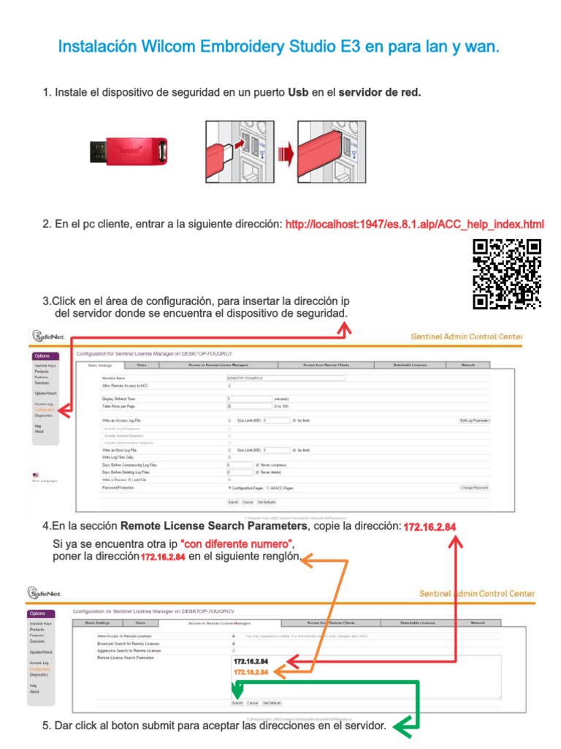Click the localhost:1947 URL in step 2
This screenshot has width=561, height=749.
(414, 224)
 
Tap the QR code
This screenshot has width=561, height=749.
(506, 274)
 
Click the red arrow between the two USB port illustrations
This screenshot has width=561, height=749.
(286, 153)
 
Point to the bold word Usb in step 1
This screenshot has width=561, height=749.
(298, 93)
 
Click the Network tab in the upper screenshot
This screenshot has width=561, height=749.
(467, 364)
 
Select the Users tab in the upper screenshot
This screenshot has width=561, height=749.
(142, 364)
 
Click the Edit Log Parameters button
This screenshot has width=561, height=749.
(474, 421)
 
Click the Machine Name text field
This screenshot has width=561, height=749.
(285, 378)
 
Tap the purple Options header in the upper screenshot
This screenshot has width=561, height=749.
(42, 356)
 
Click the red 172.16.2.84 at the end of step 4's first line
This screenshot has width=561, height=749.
(430, 527)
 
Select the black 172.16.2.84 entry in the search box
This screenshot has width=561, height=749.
(251, 661)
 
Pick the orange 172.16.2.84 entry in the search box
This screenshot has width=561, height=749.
(251, 671)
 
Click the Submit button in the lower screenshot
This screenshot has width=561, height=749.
(237, 702)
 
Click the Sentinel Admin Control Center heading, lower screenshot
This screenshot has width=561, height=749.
(476, 594)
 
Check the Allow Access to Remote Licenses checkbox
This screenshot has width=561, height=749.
(233, 636)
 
